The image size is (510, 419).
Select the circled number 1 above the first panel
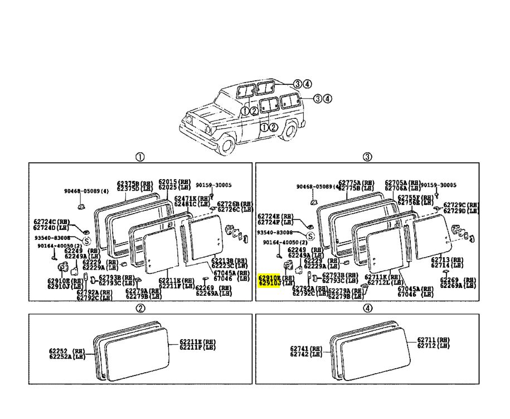pos(140,157)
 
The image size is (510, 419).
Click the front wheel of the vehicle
pos(226,146)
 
